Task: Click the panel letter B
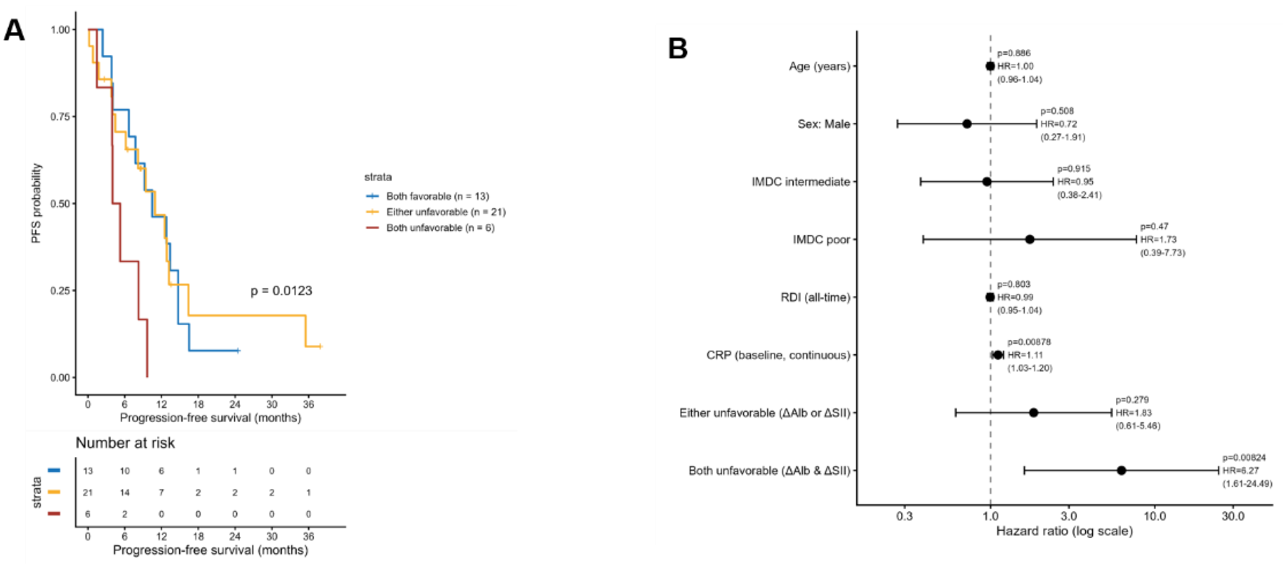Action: click(x=677, y=49)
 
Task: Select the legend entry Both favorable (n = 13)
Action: click(x=438, y=196)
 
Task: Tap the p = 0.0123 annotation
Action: click(x=281, y=291)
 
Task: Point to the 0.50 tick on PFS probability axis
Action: click(x=60, y=204)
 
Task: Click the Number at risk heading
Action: click(x=125, y=443)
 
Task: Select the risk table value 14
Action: click(x=124, y=492)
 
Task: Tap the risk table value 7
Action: click(x=161, y=492)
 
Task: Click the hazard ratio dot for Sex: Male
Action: click(x=967, y=124)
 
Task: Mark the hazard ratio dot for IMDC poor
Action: click(x=1029, y=239)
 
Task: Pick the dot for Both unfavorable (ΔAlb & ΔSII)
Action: click(x=1121, y=470)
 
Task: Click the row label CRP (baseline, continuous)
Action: click(x=778, y=355)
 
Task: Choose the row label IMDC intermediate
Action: click(x=801, y=182)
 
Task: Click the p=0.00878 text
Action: click(x=1029, y=342)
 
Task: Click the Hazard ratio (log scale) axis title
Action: click(x=1064, y=531)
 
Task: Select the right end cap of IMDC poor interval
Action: click(x=1136, y=239)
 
